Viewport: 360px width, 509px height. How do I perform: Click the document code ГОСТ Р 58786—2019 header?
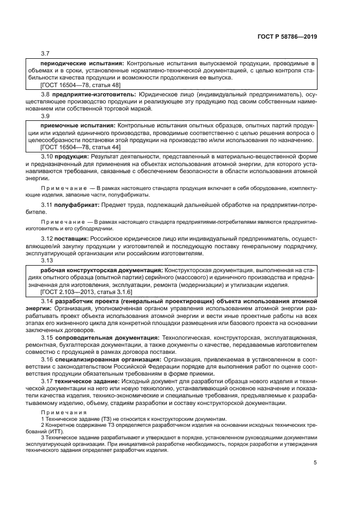pos(286,36)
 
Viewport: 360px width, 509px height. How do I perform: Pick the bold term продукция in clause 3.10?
pos(70,156)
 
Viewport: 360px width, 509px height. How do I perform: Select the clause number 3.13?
pos(47,260)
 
